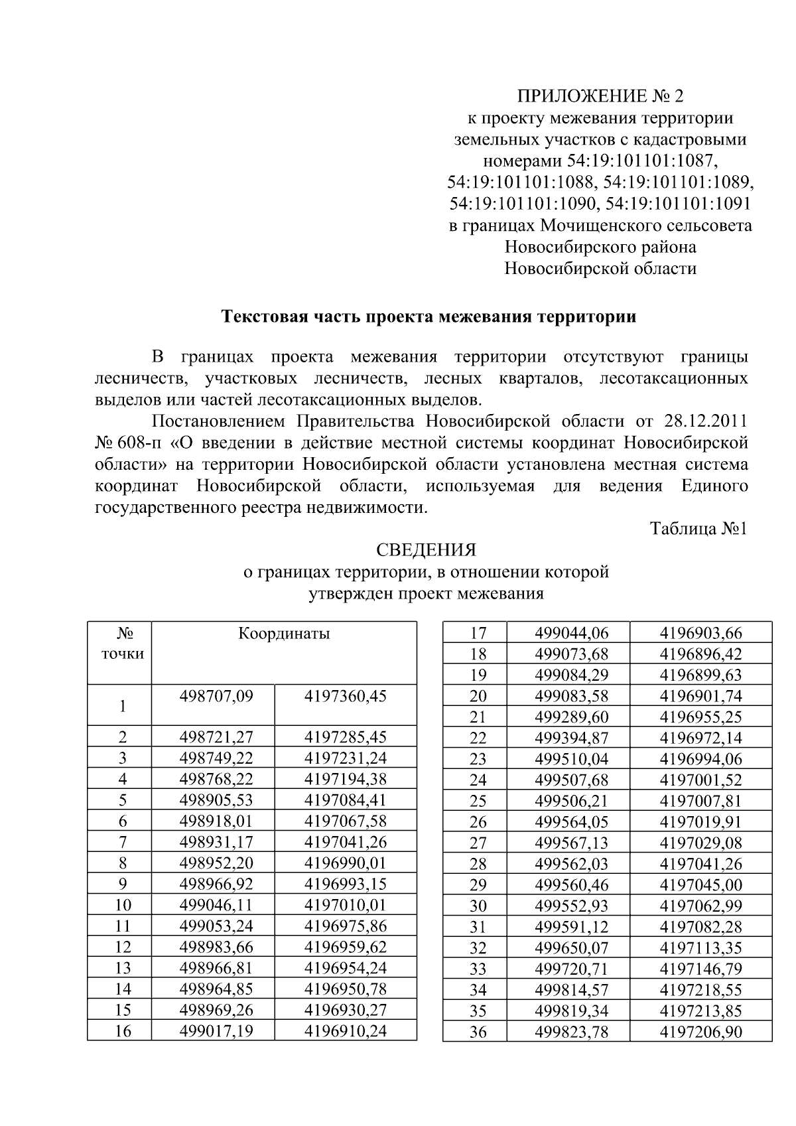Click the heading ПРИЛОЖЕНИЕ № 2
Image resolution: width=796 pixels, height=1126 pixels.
(600, 97)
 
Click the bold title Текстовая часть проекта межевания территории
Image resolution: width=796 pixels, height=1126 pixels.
(428, 317)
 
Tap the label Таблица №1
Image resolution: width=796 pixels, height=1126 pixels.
(698, 529)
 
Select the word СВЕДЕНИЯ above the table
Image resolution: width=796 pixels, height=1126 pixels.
(426, 550)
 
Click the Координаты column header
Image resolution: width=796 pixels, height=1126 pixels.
(284, 633)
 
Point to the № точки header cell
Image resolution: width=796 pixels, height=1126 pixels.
(122, 644)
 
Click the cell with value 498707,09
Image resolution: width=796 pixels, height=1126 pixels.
(216, 696)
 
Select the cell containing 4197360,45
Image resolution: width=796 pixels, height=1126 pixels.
(345, 696)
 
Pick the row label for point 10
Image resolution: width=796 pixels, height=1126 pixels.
(123, 905)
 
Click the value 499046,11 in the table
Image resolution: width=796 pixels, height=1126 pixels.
(216, 905)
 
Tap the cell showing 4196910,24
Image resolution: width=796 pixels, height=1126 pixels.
(345, 1030)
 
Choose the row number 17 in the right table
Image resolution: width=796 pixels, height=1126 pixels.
(478, 633)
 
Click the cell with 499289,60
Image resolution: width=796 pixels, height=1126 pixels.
(571, 717)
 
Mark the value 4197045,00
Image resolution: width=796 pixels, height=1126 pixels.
(700, 885)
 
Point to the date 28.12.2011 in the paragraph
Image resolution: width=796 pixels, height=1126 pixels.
(705, 421)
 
